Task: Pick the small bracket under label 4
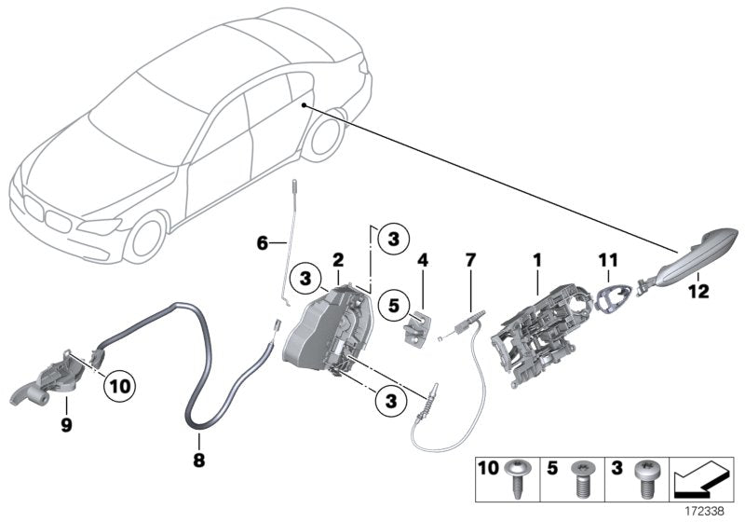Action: tap(418, 325)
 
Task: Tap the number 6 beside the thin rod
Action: tap(263, 243)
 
